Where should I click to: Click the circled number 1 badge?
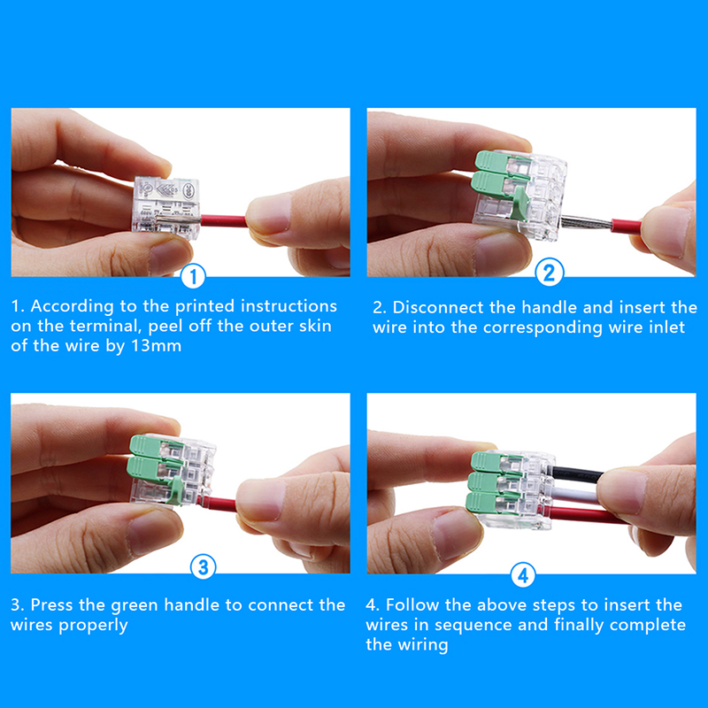coord(193,276)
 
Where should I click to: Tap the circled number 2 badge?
coord(549,273)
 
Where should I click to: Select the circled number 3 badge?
coord(204,567)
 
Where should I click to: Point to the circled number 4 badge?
coord(523,576)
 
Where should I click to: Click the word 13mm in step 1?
coord(156,346)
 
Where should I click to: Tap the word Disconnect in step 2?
coord(438,307)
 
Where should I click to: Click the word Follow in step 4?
coord(412,605)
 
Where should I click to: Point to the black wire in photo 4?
coord(576,474)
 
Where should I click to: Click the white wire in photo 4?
coord(573,496)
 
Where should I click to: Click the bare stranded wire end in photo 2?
coord(586,223)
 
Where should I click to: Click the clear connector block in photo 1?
coord(165,205)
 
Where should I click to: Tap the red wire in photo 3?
coord(218,504)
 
